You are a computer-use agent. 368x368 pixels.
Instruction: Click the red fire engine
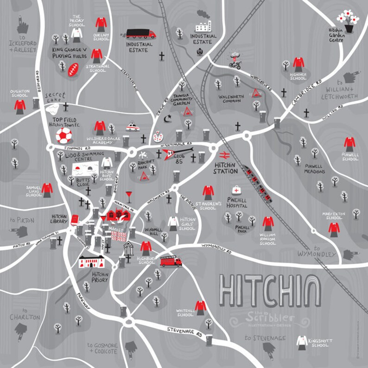tap(171, 261)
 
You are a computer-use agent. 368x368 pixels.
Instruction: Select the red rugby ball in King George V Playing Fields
tap(74, 70)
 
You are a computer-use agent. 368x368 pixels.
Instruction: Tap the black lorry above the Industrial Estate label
tap(141, 34)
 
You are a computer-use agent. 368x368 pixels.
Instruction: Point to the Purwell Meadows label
tap(315, 168)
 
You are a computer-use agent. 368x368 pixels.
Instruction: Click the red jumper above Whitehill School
tap(200, 306)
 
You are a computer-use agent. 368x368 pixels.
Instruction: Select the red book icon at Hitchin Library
tap(74, 219)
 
